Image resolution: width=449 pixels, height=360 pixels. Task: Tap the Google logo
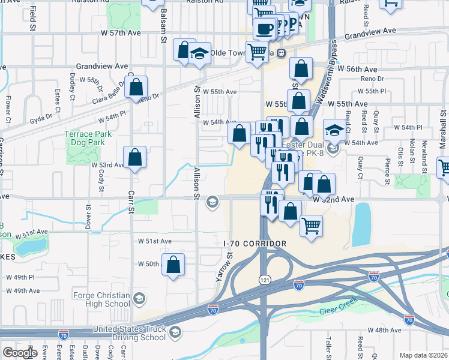pos(20,353)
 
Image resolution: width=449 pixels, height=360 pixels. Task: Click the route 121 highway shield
pos(265,280)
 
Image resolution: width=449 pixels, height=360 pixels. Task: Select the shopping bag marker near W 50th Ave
pos(173,265)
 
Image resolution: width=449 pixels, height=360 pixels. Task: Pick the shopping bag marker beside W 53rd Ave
pos(136,158)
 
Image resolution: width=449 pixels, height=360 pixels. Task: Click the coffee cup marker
pos(264,28)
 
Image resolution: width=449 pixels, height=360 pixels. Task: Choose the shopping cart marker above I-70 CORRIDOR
pos(311,226)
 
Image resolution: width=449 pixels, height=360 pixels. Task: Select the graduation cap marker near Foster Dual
pos(334,130)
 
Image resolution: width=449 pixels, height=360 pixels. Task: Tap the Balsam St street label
pos(163,27)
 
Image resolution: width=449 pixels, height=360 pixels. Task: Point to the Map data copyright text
pos(424,355)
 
